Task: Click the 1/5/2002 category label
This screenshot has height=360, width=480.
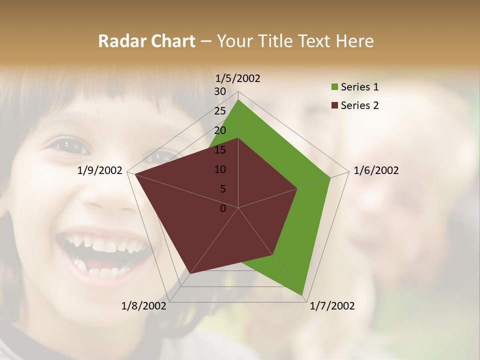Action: pyautogui.click(x=238, y=78)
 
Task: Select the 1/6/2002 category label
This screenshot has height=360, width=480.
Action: pyautogui.click(x=376, y=170)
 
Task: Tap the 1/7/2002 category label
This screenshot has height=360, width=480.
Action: pyautogui.click(x=332, y=306)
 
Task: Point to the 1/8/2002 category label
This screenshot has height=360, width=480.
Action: pyautogui.click(x=144, y=306)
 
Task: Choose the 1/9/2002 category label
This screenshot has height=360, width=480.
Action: pyautogui.click(x=100, y=170)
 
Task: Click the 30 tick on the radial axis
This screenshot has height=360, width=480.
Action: pyautogui.click(x=220, y=91)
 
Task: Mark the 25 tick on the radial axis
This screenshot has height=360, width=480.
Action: pyautogui.click(x=220, y=111)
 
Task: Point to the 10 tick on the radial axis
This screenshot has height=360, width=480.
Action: pyautogui.click(x=220, y=169)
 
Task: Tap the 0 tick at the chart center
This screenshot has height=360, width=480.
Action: pyautogui.click(x=223, y=208)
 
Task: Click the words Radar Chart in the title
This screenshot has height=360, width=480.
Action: pyautogui.click(x=146, y=41)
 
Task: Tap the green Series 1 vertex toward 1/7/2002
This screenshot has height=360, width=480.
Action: pyautogui.click(x=302, y=295)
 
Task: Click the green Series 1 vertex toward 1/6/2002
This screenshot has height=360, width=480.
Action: pyautogui.click(x=330, y=177)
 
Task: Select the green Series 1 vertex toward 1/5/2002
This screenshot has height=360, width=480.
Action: pyautogui.click(x=238, y=99)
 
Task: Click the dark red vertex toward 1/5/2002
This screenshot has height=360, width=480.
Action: pyautogui.click(x=238, y=138)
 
